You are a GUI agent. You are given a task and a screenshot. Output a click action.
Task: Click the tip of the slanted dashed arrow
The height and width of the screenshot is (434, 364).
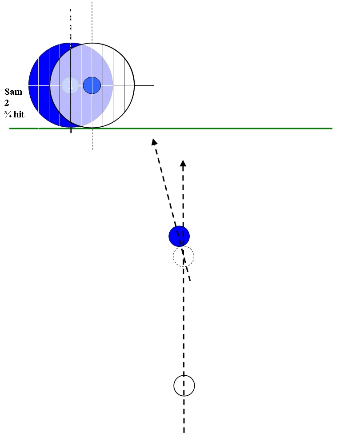(153, 139)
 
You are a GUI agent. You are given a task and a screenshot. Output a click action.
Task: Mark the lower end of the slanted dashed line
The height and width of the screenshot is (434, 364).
(190, 281)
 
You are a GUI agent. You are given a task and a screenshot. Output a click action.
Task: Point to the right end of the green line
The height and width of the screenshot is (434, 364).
(332, 129)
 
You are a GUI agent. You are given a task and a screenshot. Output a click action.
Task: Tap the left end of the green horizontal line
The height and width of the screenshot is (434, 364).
(9, 129)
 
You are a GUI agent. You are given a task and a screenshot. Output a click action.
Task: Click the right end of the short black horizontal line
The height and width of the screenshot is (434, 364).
(154, 85)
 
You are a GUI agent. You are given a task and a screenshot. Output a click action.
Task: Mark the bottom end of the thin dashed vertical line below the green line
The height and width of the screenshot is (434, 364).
(92, 150)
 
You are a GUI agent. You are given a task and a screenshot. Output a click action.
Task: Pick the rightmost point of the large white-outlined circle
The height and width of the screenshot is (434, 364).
(135, 85)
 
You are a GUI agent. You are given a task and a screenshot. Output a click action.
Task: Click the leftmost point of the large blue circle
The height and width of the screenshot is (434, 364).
(28, 85)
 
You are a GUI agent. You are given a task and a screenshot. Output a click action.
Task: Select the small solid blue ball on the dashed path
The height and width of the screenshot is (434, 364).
(179, 236)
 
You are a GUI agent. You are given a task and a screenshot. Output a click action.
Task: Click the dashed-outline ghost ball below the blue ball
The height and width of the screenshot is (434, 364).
(184, 256)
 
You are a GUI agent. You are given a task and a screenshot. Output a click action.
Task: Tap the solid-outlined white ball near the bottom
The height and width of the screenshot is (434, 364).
(184, 386)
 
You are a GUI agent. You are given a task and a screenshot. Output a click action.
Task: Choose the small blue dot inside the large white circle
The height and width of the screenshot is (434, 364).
(92, 85)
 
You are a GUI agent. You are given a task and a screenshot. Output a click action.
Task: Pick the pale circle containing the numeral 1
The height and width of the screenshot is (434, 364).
(70, 85)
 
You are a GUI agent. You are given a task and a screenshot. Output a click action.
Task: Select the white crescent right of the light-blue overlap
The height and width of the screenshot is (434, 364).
(123, 85)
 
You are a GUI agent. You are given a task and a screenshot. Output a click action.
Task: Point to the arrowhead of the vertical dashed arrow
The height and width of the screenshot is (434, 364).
(183, 163)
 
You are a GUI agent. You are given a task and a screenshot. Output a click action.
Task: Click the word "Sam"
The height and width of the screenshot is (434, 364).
(13, 92)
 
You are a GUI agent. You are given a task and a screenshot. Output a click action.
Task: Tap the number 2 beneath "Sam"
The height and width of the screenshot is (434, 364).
(7, 103)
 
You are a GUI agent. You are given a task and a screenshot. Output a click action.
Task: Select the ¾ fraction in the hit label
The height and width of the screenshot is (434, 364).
(8, 114)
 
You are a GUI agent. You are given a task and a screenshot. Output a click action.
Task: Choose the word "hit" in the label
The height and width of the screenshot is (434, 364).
(19, 114)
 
